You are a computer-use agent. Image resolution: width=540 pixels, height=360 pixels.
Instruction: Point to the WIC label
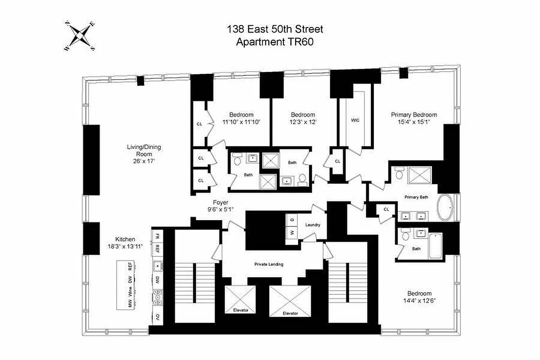(355, 120)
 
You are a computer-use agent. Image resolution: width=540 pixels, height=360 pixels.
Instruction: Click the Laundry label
(312, 225)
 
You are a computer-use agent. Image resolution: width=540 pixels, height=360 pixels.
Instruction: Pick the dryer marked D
(292, 220)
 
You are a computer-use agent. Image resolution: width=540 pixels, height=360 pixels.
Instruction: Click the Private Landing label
(269, 264)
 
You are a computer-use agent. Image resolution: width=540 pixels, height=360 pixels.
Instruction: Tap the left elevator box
(240, 299)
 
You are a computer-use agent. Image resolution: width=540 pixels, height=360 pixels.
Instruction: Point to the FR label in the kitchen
(157, 236)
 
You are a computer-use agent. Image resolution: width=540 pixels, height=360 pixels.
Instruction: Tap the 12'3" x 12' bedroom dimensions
(303, 122)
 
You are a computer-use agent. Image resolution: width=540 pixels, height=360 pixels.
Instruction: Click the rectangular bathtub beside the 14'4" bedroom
(436, 245)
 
